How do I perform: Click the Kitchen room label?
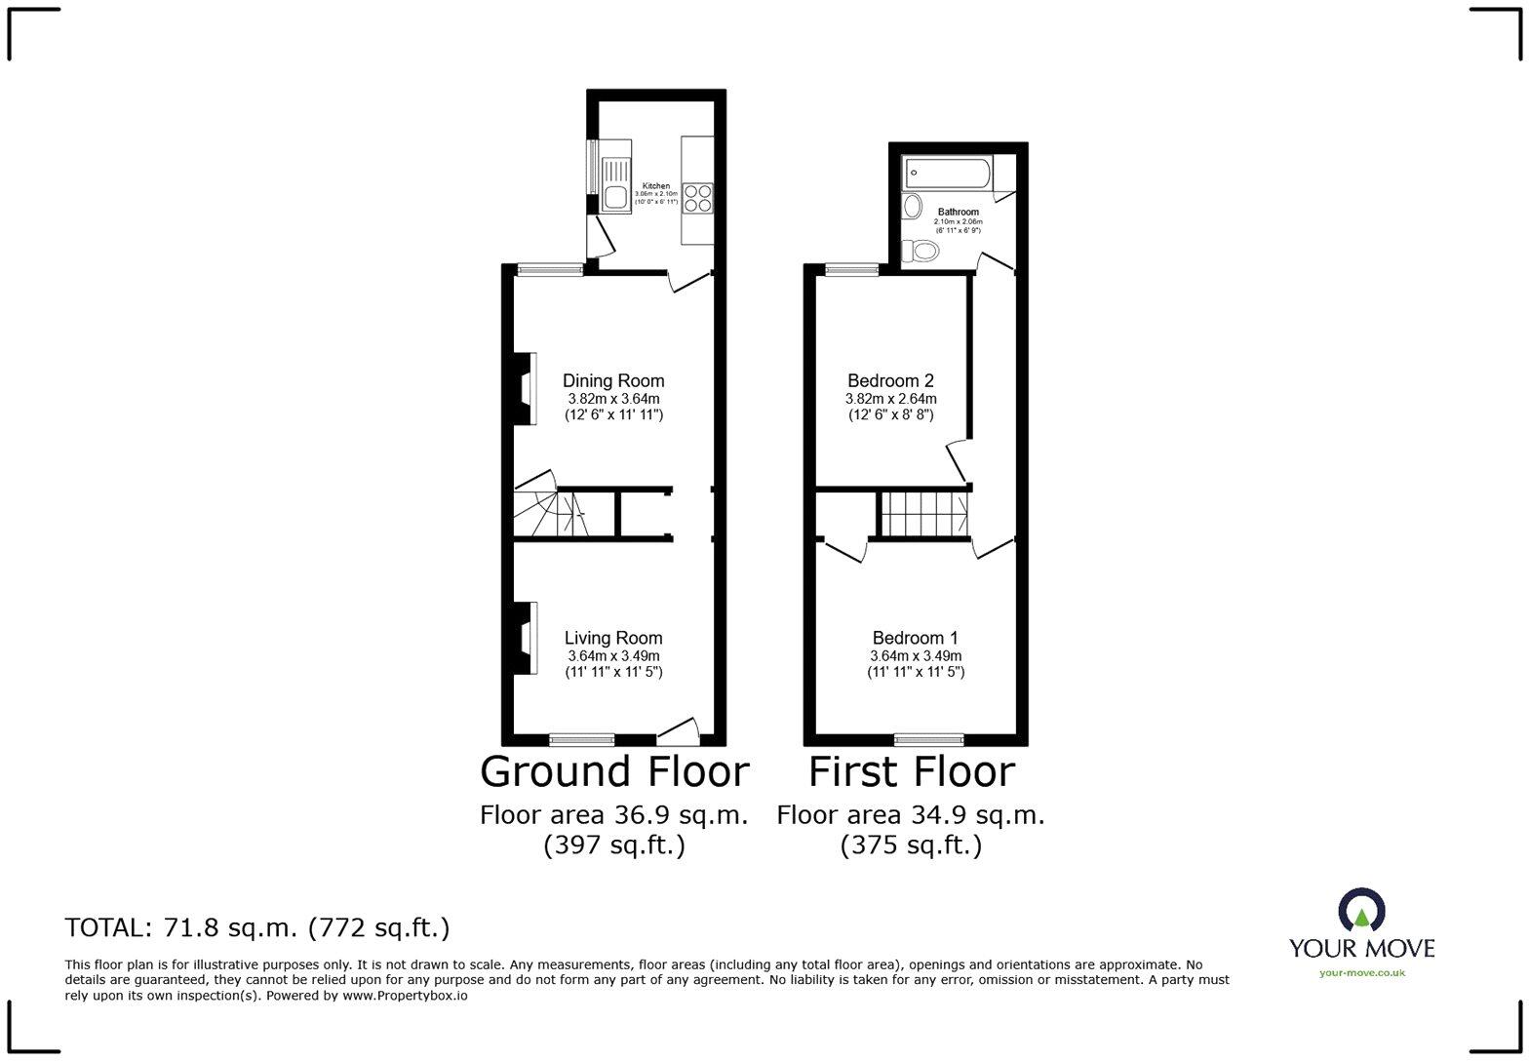pyautogui.click(x=655, y=185)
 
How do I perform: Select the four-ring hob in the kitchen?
pyautogui.click(x=698, y=198)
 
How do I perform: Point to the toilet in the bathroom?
pyautogui.click(x=920, y=252)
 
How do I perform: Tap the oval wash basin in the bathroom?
pyautogui.click(x=913, y=206)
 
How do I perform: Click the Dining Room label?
pyautogui.click(x=613, y=381)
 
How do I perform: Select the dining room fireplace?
pyautogui.click(x=525, y=387)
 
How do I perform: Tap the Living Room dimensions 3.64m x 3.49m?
pyautogui.click(x=613, y=656)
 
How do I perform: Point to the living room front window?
pyautogui.click(x=581, y=739)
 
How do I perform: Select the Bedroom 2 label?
pyautogui.click(x=890, y=381)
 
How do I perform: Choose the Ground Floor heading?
pyautogui.click(x=614, y=771)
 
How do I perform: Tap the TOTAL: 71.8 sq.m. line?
pyautogui.click(x=257, y=927)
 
